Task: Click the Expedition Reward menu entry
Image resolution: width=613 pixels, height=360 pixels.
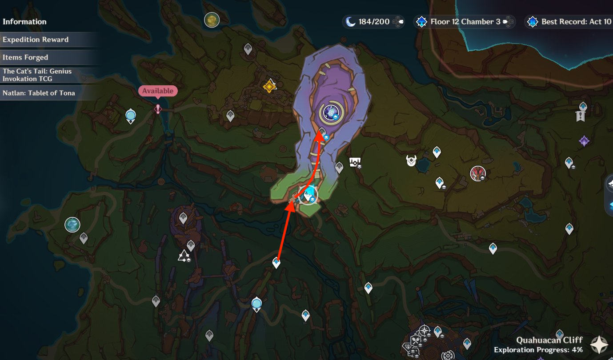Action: click(x=36, y=40)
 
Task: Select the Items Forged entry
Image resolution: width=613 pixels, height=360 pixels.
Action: click(x=25, y=57)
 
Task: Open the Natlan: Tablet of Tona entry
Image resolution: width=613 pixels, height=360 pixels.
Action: click(x=39, y=93)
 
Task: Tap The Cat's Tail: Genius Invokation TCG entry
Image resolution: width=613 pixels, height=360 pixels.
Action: click(x=37, y=75)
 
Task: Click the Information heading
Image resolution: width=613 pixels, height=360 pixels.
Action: click(x=24, y=22)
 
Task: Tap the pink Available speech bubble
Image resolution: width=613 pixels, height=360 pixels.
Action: click(x=158, y=91)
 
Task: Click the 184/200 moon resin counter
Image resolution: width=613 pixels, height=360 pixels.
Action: click(x=373, y=22)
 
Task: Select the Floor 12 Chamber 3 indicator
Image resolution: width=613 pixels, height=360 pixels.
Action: click(x=465, y=22)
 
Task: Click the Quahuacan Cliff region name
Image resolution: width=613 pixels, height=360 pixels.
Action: click(x=549, y=340)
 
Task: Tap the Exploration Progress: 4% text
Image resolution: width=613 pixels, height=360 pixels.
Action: click(x=538, y=350)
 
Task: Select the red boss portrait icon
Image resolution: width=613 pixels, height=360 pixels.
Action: click(x=477, y=173)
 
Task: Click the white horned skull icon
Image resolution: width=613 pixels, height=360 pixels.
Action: click(x=411, y=160)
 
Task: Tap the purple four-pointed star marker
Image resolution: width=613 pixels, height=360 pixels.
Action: click(x=584, y=141)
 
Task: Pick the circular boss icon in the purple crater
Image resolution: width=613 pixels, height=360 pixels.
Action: click(x=331, y=112)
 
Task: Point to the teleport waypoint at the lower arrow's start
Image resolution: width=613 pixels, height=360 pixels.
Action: click(x=276, y=263)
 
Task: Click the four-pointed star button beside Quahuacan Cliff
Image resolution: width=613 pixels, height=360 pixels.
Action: click(x=599, y=345)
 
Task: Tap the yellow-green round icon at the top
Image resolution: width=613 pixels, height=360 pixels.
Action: click(x=212, y=20)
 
